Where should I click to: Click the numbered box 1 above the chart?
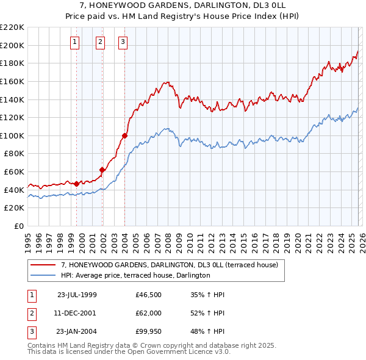74,42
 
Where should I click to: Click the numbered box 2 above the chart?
100,42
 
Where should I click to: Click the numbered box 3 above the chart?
123,42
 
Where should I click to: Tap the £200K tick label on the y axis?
12,45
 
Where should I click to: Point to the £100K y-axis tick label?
12,135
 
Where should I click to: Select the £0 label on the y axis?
18,226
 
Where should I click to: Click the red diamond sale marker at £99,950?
124,135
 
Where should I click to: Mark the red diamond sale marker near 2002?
102,170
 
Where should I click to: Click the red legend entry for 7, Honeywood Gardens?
169,265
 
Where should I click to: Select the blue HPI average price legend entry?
135,275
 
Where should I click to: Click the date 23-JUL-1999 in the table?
77,294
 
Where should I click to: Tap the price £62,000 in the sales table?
149,312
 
